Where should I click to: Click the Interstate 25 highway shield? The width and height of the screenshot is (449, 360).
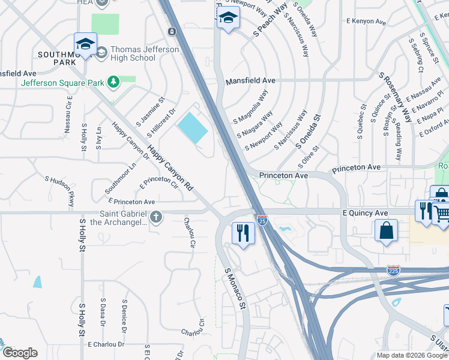[x=262, y=220]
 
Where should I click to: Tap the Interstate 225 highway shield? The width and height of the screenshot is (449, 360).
[x=394, y=271]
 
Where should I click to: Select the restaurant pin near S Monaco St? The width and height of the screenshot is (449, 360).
[x=243, y=233]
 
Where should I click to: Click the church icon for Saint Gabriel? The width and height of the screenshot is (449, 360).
[x=156, y=217]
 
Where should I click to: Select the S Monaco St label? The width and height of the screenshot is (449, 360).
[x=236, y=289]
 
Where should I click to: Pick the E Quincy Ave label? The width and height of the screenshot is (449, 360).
[x=365, y=213]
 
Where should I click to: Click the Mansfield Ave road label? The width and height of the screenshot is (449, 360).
[x=250, y=80]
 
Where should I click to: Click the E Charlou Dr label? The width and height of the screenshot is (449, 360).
[x=106, y=344]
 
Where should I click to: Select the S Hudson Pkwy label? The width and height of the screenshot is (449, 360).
[x=59, y=191]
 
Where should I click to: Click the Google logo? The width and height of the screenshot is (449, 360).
[x=19, y=352]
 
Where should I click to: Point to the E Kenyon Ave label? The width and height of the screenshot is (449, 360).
[x=366, y=21]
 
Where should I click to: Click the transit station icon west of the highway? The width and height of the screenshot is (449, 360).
[x=172, y=31]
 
